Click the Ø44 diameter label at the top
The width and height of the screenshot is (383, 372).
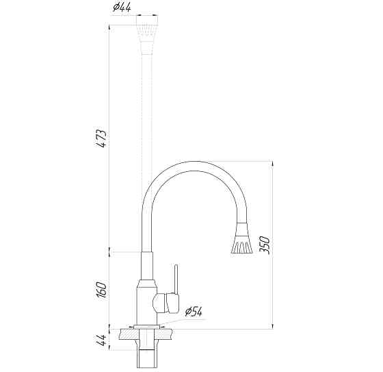(122, 8)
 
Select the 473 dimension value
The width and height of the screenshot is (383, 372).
(101, 138)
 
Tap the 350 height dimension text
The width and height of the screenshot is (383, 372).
(265, 245)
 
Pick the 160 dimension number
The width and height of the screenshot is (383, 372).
(101, 290)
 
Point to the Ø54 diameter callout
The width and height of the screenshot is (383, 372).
(194, 311)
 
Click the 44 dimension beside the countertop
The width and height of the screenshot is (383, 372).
(102, 340)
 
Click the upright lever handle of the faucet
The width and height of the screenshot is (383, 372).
(176, 279)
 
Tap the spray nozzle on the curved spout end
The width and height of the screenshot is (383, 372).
(241, 238)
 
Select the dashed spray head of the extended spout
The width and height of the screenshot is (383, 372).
(146, 34)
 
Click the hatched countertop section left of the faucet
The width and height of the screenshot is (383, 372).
(129, 334)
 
